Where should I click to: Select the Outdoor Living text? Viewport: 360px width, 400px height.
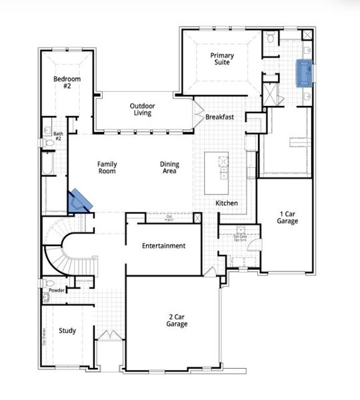141,109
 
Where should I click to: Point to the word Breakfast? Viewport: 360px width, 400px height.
219,117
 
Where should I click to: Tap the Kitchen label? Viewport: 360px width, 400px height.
227,203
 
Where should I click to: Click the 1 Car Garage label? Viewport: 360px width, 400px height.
287,217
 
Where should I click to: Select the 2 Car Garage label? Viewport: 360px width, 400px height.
177,320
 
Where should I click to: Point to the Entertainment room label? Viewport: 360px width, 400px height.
163,246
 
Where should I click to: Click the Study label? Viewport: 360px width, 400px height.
67,331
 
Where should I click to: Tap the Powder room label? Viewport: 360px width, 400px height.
57,291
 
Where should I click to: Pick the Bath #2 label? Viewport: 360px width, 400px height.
57,136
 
